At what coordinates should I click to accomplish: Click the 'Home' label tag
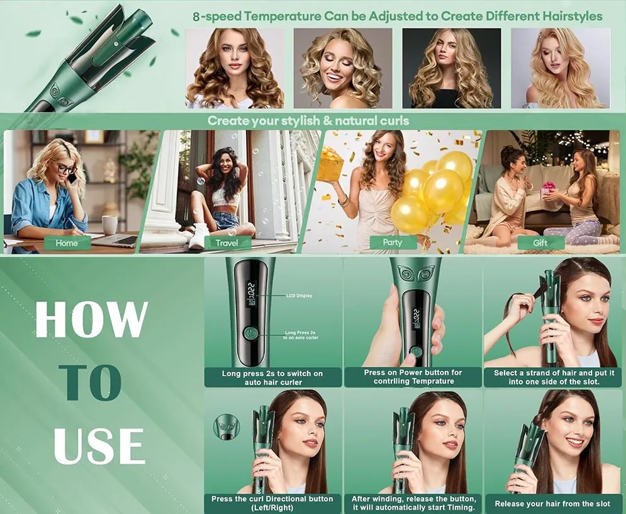[67, 243]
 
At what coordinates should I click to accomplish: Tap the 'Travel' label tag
[226, 243]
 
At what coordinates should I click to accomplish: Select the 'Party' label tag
[393, 243]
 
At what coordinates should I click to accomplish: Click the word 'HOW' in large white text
[91, 319]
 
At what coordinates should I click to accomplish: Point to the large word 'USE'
[99, 445]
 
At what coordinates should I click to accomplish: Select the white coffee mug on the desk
[109, 224]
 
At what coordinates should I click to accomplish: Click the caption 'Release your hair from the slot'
[552, 503]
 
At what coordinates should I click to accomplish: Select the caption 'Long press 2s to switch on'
[272, 374]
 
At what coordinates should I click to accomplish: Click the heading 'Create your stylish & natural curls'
[308, 120]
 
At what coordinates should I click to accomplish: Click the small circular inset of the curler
[226, 427]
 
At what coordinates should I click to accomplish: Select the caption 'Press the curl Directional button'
[272, 499]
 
